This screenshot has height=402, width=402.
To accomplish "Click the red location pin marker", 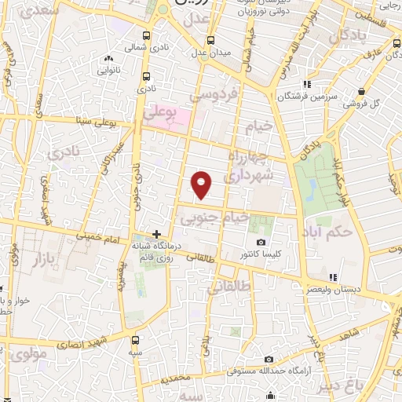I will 203,185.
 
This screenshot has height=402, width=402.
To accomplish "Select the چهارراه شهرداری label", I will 249,166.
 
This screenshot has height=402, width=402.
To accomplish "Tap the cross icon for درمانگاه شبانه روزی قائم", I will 157,234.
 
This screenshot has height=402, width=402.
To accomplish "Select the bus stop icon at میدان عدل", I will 210,40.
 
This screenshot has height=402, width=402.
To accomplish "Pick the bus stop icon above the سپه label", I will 137,341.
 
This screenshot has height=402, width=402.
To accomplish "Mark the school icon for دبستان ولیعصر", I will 334,277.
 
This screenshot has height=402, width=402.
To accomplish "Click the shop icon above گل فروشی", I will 360,91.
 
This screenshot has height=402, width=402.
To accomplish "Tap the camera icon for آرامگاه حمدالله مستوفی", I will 269,360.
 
